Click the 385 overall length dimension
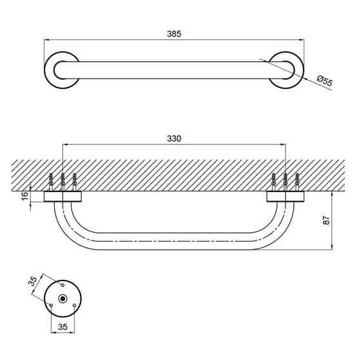click(174, 34)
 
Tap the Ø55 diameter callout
click(325, 81)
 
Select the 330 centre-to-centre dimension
click(174, 139)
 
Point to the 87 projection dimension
click(326, 220)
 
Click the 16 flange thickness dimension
click(24, 196)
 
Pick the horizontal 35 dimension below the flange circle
click(63, 327)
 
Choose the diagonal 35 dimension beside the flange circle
click(33, 281)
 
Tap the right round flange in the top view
click(299, 70)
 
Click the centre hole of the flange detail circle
click(63, 298)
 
